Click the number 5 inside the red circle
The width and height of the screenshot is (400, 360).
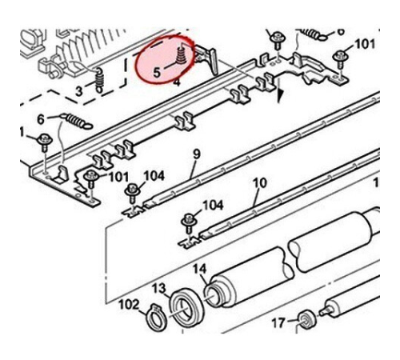(157, 72)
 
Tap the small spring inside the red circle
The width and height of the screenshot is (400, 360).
(182, 55)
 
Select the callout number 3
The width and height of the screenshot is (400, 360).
(79, 91)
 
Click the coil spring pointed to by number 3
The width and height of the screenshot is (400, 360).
(99, 79)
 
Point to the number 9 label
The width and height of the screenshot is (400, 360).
(196, 154)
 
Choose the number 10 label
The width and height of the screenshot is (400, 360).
(260, 183)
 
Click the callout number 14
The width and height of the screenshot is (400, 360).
(199, 269)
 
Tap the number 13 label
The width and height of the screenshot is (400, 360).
(159, 288)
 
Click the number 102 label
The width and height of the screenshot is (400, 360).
(129, 305)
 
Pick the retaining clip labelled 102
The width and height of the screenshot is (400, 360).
(156, 318)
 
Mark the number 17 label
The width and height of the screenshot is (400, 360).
(278, 323)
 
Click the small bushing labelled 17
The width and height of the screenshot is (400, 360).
(306, 320)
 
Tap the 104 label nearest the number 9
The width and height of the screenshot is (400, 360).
(154, 176)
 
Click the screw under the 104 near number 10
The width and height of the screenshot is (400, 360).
(190, 223)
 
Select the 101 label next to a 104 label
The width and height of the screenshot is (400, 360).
(118, 177)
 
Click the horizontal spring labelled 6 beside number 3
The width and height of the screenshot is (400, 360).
(76, 121)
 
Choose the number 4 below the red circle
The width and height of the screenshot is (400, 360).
(177, 82)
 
